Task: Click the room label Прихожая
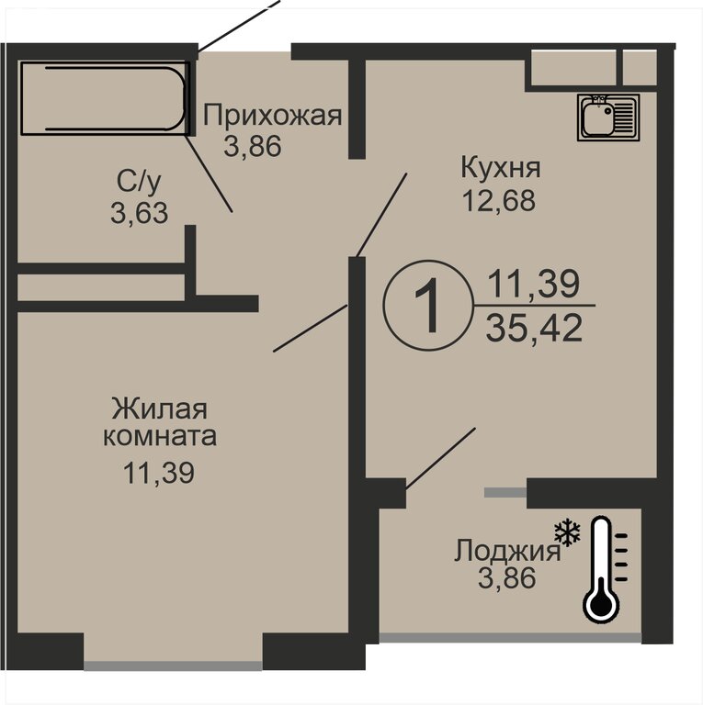click(272, 116)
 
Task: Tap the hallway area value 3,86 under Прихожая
click(253, 146)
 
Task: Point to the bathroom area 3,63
click(139, 213)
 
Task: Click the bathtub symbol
click(105, 98)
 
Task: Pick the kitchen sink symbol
click(608, 117)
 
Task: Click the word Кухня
click(500, 169)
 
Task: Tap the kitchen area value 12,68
click(499, 200)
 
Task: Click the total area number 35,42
click(534, 328)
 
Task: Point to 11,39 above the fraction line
click(534, 285)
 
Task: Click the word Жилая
click(159, 408)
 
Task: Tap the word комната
click(160, 437)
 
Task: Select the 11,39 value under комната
click(159, 473)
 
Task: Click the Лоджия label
click(507, 551)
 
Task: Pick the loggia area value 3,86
click(506, 577)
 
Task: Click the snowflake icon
click(567, 532)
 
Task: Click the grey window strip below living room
click(174, 666)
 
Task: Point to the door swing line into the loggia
click(440, 458)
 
